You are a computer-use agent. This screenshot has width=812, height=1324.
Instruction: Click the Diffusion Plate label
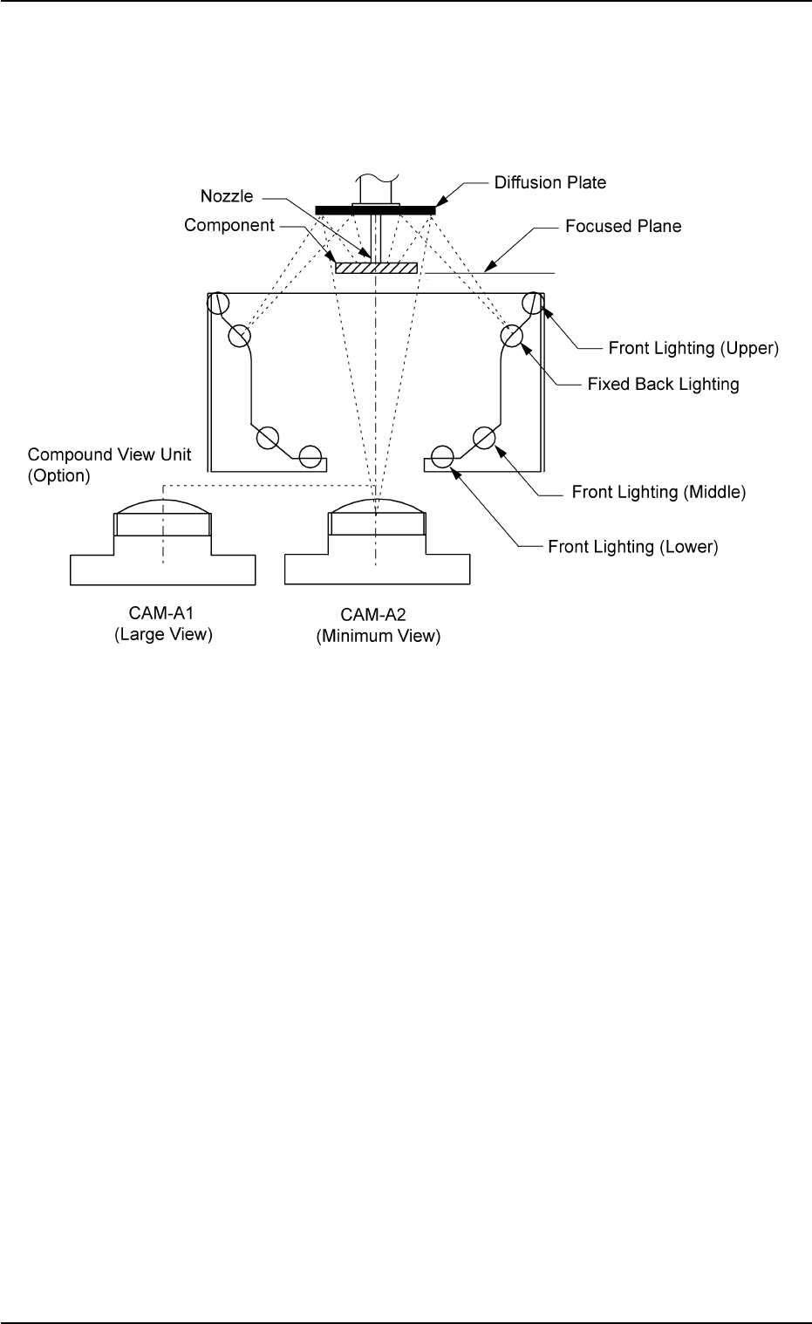click(x=549, y=183)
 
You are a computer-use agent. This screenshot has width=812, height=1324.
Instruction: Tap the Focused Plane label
click(x=623, y=227)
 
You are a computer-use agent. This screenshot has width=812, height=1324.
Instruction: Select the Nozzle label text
click(x=227, y=196)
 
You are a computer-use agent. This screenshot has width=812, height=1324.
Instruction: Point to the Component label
click(x=229, y=226)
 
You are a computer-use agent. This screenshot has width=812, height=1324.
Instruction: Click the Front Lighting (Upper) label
click(x=693, y=348)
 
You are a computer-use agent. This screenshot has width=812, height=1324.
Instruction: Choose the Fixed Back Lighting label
click(x=663, y=384)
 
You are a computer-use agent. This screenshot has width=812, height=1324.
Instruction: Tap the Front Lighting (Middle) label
click(x=658, y=492)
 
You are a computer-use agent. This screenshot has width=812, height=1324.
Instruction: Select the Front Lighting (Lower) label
click(x=632, y=547)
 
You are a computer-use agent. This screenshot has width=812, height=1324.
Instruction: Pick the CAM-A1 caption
click(x=163, y=615)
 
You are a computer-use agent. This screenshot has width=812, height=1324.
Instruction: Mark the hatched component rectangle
click(x=376, y=268)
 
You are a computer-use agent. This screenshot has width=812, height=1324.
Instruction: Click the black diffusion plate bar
click(x=376, y=209)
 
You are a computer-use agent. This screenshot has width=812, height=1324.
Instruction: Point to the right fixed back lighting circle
click(x=511, y=336)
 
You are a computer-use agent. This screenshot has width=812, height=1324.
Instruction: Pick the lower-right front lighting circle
click(x=442, y=455)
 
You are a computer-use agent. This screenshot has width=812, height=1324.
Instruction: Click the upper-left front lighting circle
click(x=217, y=304)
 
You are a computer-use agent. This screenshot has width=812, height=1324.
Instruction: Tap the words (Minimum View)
click(x=378, y=637)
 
